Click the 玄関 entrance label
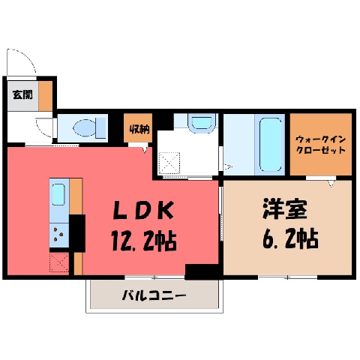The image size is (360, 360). pos(22,94)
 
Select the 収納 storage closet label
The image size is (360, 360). pos(139,129)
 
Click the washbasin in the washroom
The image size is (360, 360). pos(202,123)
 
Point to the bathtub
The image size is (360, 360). pos(271,145)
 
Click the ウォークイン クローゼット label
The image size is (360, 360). pos(320,145)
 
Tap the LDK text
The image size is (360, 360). pos(143,211)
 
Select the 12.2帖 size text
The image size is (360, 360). pos(144,241)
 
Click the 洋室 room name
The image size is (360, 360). pos(284,209)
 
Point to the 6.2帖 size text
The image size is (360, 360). pos(290,238)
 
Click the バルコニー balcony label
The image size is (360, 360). pos(154,295)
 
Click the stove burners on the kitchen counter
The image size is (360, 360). pos(58,234)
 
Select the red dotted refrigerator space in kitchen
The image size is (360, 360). pos(59,262)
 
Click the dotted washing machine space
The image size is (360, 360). pos(169,162)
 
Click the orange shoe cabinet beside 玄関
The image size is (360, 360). pos(46,96)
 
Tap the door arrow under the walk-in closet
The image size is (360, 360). pos(331,184)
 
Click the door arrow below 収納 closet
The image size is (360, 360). pos(145,149)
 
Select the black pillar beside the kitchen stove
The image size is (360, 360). pos(77,233)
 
